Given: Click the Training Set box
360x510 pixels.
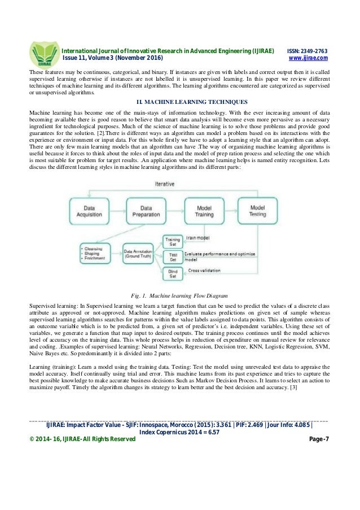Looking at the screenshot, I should point(172,243).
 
